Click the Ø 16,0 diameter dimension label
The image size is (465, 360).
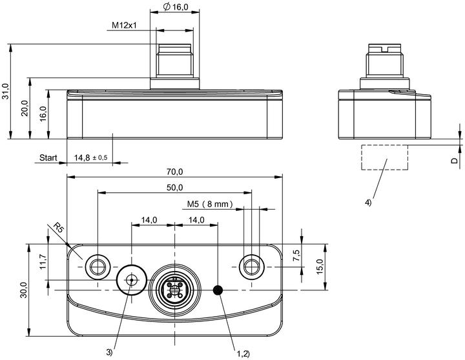coord(176,7)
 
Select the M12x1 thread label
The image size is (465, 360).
coord(124,25)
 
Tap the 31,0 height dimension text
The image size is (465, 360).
coord(6,91)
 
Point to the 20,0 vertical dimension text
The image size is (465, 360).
coord(25,108)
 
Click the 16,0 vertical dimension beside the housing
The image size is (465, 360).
coord(43,114)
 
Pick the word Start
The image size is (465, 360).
coord(48,157)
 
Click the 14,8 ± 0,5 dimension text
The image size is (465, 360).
coord(91,157)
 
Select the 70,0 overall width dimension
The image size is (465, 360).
coord(174,172)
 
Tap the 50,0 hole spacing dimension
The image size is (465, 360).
coord(174,188)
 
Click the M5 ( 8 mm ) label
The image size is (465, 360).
coord(210,204)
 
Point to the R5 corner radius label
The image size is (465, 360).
coord(59,228)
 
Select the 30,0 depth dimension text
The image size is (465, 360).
coord(24,290)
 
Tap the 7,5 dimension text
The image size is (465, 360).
coord(296,255)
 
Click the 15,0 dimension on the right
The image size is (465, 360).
coord(320,266)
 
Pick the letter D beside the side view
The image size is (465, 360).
coord(454,160)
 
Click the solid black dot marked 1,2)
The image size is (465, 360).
coord(218,290)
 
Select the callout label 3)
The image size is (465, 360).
coord(109,352)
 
